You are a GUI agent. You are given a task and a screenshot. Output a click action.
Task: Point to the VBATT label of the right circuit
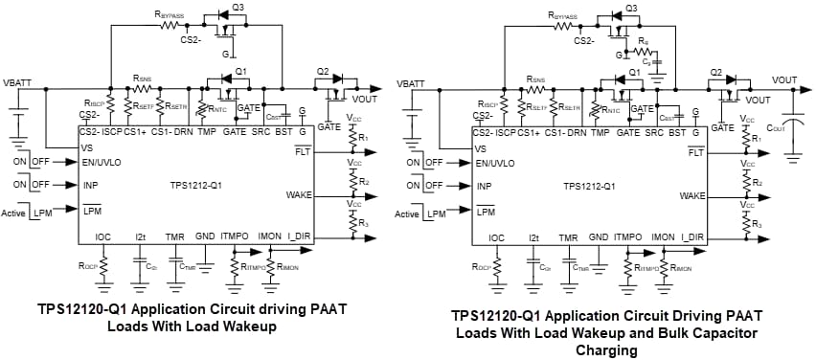coord(410,83)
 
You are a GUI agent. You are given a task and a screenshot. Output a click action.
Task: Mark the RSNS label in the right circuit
coord(535,79)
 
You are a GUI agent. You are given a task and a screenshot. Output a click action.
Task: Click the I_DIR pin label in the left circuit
coord(301,236)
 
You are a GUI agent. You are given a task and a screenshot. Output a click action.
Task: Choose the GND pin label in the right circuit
coord(599,236)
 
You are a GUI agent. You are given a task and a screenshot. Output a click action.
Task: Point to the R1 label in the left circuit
coord(363,139)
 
